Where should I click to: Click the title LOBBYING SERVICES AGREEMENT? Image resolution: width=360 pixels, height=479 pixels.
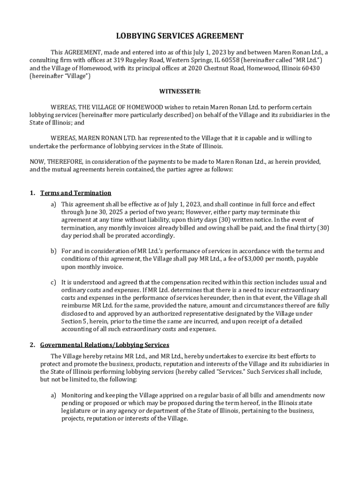(180, 36)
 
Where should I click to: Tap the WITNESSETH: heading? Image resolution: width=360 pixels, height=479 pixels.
(180, 92)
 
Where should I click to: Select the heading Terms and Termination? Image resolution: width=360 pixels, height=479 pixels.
(76, 193)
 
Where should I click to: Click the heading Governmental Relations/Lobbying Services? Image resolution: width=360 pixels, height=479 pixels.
(105, 345)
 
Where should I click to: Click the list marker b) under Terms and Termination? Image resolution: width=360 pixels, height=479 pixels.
(54, 251)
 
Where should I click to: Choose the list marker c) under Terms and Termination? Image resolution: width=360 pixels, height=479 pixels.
(54, 283)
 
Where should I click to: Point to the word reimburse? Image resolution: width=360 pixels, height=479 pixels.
(76, 306)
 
